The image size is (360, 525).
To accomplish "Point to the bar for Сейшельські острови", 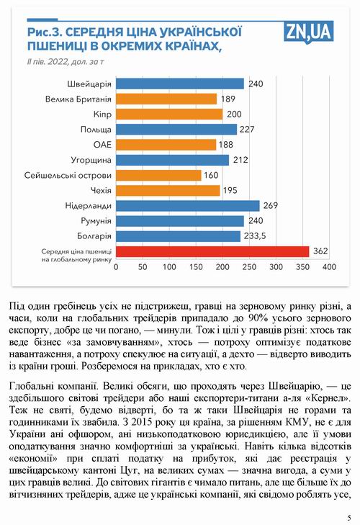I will (x=158, y=175).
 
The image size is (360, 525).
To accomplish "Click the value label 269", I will (x=271, y=205).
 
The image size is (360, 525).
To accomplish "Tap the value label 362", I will (x=321, y=251).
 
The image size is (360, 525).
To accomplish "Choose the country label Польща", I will (x=96, y=130).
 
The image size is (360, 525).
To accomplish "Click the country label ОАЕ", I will (x=99, y=145).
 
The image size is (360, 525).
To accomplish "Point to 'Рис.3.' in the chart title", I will (x=44, y=32).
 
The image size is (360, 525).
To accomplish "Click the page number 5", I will (x=348, y=517).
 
